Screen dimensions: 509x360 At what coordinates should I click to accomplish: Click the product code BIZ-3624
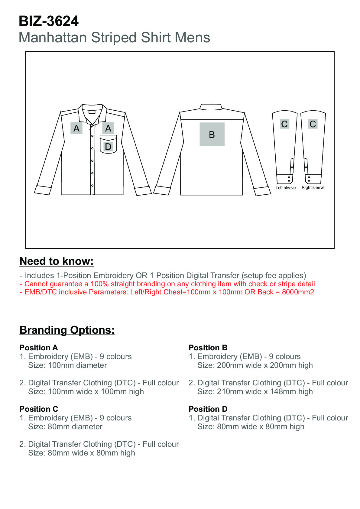[49, 21]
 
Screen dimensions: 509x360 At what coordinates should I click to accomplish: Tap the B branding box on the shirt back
[212, 135]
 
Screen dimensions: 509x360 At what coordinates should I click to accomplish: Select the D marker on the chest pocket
[108, 147]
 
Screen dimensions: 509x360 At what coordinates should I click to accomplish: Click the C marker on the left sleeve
[284, 124]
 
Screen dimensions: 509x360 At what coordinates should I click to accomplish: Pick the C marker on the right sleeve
[313, 124]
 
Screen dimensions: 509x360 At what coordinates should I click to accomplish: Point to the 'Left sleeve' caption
[286, 188]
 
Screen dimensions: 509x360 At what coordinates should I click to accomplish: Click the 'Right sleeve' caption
[313, 187]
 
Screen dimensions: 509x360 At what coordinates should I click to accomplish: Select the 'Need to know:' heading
[57, 261]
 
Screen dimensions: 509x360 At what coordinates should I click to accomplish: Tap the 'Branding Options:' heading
[67, 330]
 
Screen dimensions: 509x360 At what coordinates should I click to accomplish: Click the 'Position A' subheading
[39, 348]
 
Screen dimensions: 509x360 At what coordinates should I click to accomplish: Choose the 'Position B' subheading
[208, 348]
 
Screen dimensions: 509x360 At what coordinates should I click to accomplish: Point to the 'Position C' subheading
[39, 409]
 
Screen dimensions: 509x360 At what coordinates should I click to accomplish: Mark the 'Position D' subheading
[208, 409]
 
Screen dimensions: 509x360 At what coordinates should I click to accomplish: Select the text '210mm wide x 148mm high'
[265, 391]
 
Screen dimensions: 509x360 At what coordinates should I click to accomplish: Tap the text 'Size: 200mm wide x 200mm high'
[255, 365]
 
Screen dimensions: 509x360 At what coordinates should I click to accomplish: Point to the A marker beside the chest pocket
[108, 128]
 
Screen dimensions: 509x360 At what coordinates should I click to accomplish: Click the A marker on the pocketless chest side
[76, 128]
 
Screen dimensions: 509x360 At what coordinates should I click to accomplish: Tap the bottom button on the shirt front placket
[92, 185]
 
